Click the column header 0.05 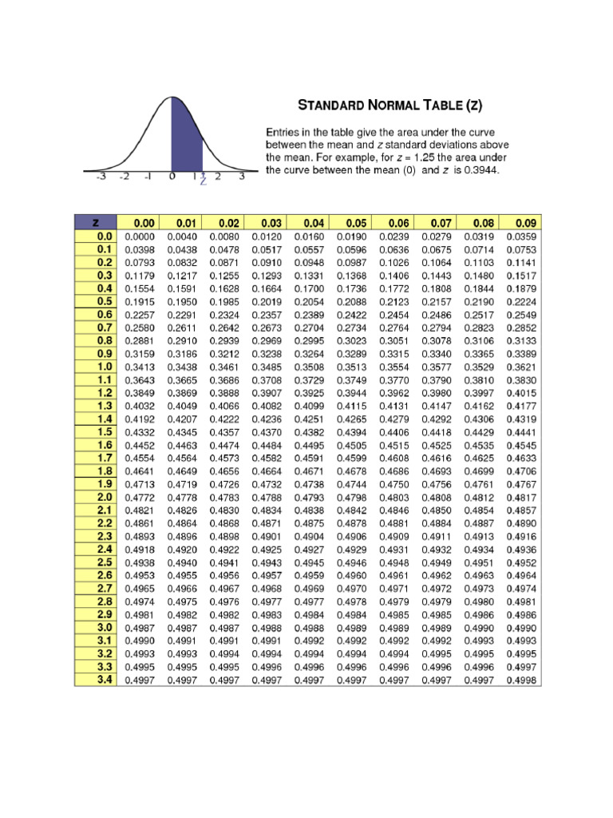352,224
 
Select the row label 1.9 105,483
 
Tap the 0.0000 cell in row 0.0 140,236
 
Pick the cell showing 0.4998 522,681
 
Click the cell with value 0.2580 140,328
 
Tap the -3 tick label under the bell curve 101,177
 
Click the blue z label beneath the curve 203,181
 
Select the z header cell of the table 96,224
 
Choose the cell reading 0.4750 394,483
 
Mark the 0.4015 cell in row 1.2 522,393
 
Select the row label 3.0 105,628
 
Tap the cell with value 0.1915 140,301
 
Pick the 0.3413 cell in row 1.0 140,367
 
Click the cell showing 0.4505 352,445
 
